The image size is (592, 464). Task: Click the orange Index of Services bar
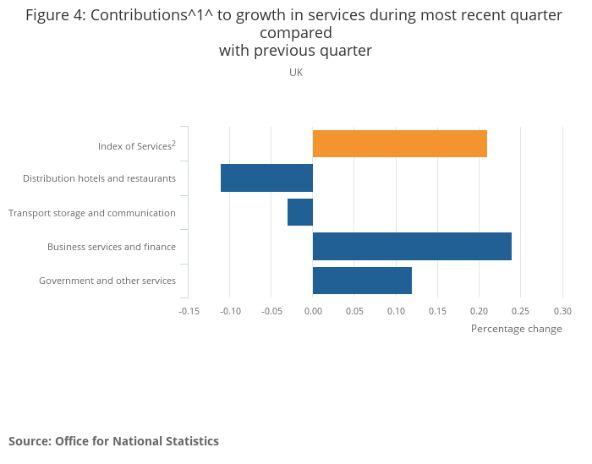tap(400, 144)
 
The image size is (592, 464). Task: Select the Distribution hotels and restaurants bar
tap(267, 178)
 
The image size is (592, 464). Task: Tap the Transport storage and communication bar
tap(300, 212)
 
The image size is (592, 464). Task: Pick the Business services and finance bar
tap(412, 246)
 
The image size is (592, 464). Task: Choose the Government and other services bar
tap(362, 281)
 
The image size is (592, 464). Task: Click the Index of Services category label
tap(136, 145)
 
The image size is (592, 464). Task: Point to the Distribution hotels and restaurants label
tap(99, 178)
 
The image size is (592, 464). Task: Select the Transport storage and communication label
tap(92, 213)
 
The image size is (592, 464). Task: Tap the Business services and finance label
tap(112, 247)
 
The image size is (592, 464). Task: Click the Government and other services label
tap(107, 281)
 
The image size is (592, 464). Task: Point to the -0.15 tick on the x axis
tap(189, 311)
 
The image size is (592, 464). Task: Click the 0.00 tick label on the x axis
tap(313, 311)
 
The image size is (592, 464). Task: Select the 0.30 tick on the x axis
tap(562, 311)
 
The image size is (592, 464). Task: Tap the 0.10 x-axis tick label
tap(396, 311)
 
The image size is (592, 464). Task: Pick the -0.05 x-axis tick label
tap(271, 311)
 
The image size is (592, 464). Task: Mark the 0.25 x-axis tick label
tap(521, 311)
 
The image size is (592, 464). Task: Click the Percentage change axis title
tap(516, 329)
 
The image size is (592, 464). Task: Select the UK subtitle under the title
tap(296, 73)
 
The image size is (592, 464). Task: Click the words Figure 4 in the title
tap(56, 15)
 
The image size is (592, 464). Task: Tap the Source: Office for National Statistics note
tap(113, 441)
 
